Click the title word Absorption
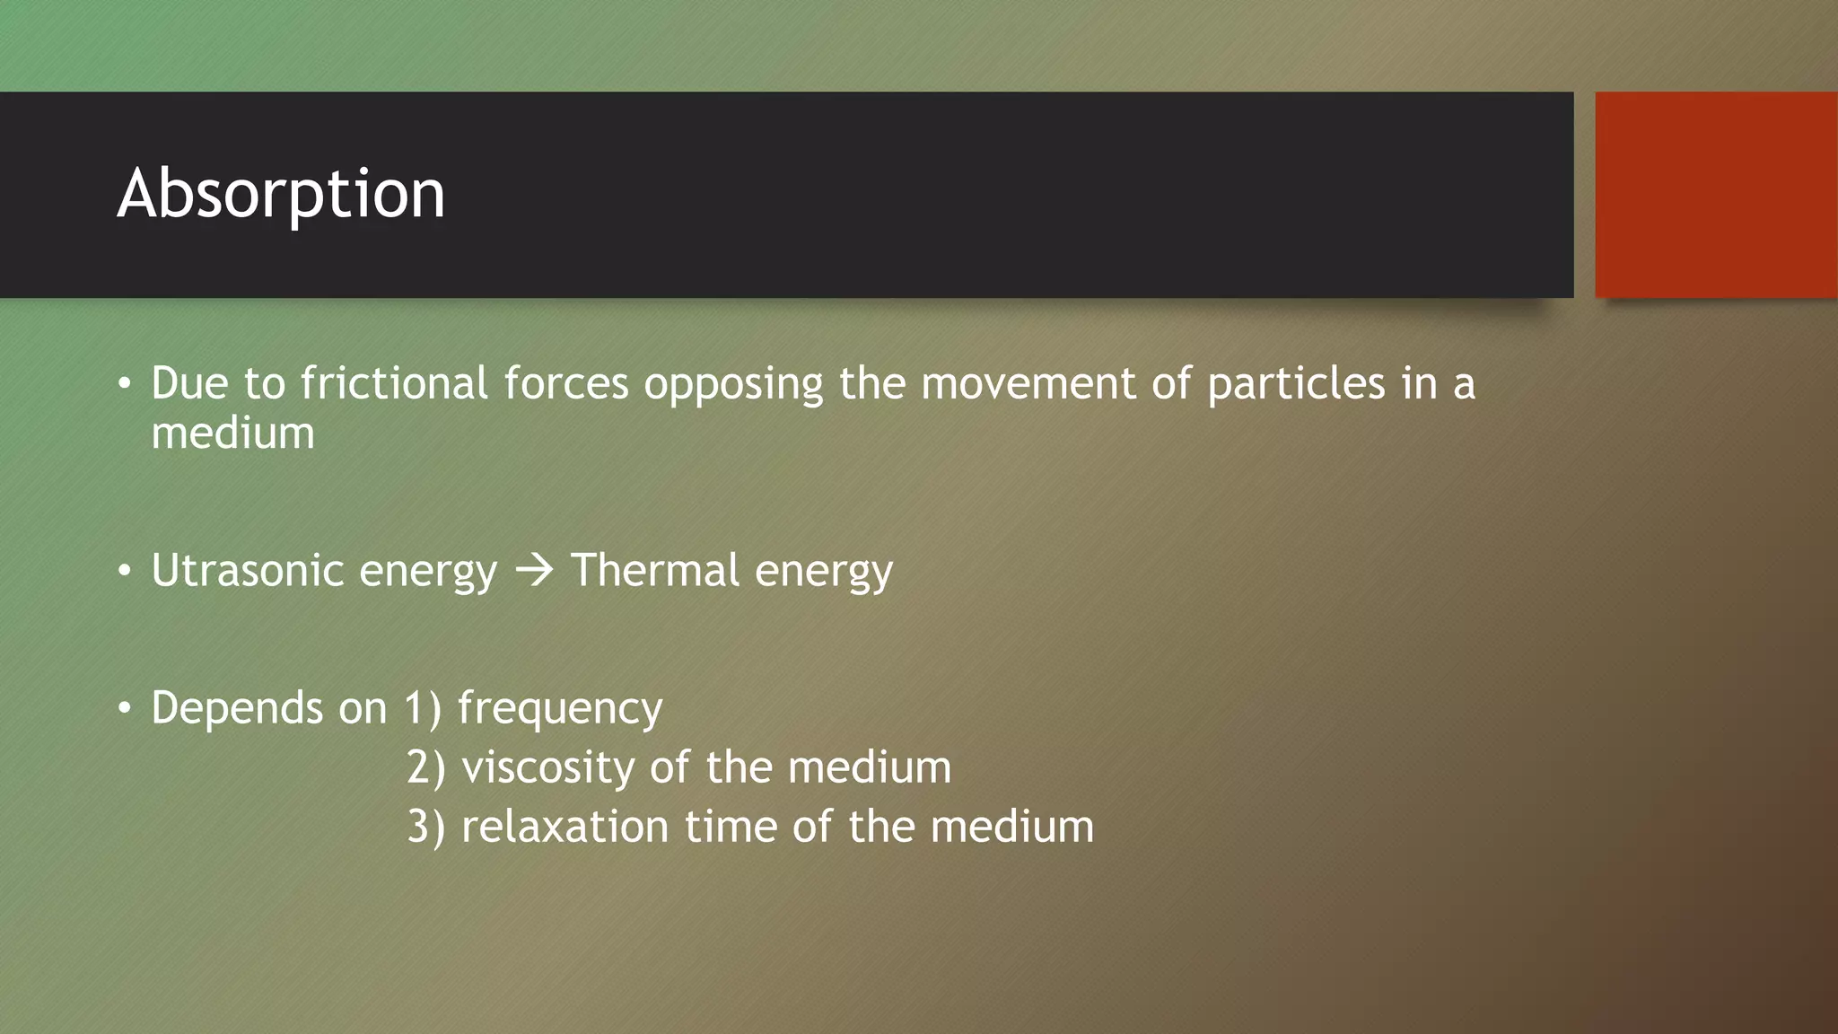(x=281, y=194)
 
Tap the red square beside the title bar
(x=1715, y=194)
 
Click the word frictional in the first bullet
(x=394, y=383)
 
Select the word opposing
(x=733, y=385)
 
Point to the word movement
(x=1028, y=383)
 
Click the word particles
(x=1296, y=385)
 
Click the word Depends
(x=237, y=709)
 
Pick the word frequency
(x=560, y=709)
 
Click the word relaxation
(x=565, y=827)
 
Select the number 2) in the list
(x=425, y=769)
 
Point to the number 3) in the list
(x=425, y=828)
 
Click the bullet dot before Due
(x=125, y=385)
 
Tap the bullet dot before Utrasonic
(x=125, y=572)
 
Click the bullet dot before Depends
(x=125, y=709)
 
